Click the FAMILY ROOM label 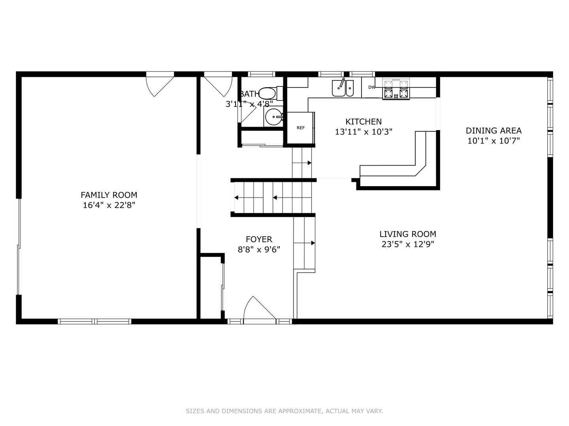point(109,195)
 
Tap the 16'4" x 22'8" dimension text point(109,205)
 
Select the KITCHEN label point(364,121)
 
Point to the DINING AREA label point(494,131)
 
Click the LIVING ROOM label point(408,234)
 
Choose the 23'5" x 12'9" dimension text point(408,244)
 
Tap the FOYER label point(259,239)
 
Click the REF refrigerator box point(301,128)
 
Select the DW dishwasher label point(372,88)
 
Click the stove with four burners point(396,89)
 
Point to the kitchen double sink point(343,88)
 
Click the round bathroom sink point(273,117)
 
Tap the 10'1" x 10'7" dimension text point(494,141)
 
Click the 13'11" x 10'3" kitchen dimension point(364,132)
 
